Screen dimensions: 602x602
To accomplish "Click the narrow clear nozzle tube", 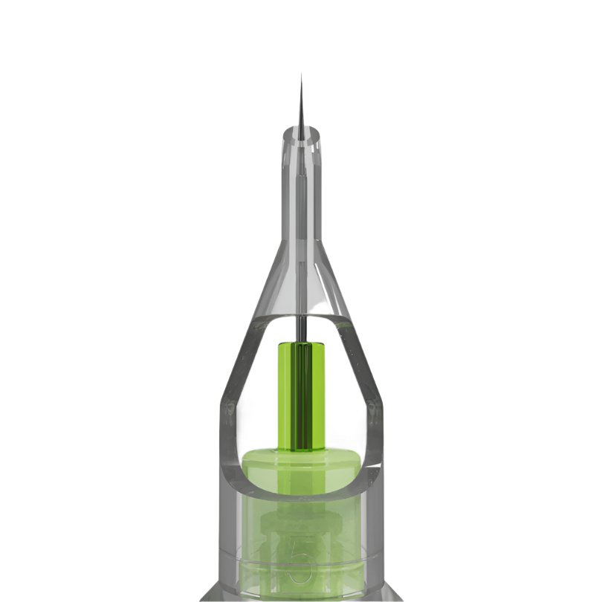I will click(x=301, y=193).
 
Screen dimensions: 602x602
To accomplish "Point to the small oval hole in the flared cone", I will click(x=320, y=305).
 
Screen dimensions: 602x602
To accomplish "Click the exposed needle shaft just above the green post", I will click(x=302, y=328).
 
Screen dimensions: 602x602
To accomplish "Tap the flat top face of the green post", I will click(x=302, y=343).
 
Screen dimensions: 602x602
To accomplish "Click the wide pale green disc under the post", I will click(x=301, y=464).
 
